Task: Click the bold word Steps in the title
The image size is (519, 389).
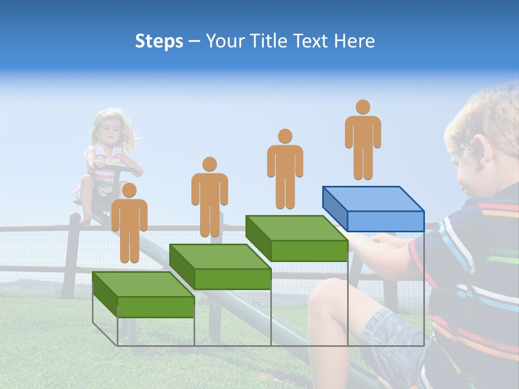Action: (x=159, y=41)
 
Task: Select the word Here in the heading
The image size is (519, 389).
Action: (x=354, y=41)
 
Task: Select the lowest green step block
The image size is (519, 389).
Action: (x=143, y=294)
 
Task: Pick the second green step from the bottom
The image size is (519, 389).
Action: (x=220, y=267)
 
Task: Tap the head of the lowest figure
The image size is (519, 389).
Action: (x=129, y=190)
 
